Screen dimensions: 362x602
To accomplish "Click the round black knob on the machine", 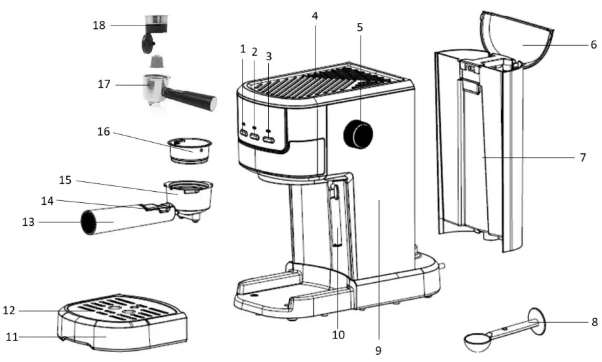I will [x=358, y=134].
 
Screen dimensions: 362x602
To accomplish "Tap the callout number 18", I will [x=98, y=25].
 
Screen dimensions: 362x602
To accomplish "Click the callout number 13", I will [x=28, y=223].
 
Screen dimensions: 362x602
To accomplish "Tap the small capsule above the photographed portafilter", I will [x=156, y=62].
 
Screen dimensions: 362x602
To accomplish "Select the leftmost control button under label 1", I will [x=243, y=134].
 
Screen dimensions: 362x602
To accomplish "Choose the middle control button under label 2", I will [x=255, y=136].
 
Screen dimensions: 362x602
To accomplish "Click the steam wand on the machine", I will [x=336, y=216].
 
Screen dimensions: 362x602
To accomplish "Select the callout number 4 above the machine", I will [x=315, y=15].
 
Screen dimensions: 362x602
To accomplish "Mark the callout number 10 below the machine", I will [x=338, y=335].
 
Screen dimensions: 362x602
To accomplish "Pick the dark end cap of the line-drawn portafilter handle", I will [x=88, y=223].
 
